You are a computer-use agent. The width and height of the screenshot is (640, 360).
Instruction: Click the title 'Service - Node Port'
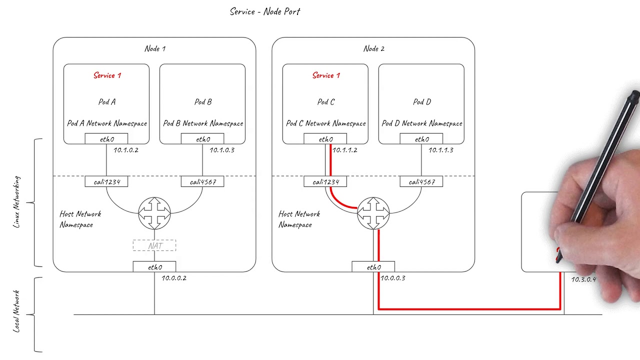[265, 11]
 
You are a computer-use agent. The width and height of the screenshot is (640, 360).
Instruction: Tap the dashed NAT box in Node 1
[154, 245]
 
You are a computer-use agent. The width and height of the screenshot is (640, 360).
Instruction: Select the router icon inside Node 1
[154, 213]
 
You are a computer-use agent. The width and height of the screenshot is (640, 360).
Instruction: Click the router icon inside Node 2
[373, 213]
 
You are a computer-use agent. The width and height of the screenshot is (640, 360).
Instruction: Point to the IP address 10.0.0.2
[174, 278]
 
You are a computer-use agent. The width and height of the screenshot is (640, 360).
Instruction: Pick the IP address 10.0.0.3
[393, 278]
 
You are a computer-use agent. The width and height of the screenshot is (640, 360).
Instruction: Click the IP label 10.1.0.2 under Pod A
[126, 150]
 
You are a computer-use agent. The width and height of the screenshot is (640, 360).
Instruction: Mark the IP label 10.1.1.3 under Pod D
[441, 150]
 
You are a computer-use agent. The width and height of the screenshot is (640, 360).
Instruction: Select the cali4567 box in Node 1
[202, 182]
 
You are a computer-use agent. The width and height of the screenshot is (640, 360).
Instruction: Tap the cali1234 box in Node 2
[325, 182]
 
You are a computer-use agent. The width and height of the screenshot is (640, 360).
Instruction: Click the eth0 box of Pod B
[202, 139]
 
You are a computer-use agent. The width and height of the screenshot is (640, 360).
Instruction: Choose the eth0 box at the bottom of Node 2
[373, 267]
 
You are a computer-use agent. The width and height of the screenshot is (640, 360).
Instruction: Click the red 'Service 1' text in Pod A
[107, 75]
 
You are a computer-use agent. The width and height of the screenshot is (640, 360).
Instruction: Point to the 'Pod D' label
[421, 102]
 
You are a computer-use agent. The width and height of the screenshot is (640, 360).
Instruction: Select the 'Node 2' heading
[373, 48]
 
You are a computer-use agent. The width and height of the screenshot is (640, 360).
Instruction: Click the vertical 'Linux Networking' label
[16, 202]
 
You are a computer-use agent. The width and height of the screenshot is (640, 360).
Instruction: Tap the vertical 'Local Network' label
[16, 311]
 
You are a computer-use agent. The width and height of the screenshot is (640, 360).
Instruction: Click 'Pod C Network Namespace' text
[325, 123]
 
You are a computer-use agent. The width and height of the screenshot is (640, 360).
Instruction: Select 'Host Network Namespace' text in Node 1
[80, 219]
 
